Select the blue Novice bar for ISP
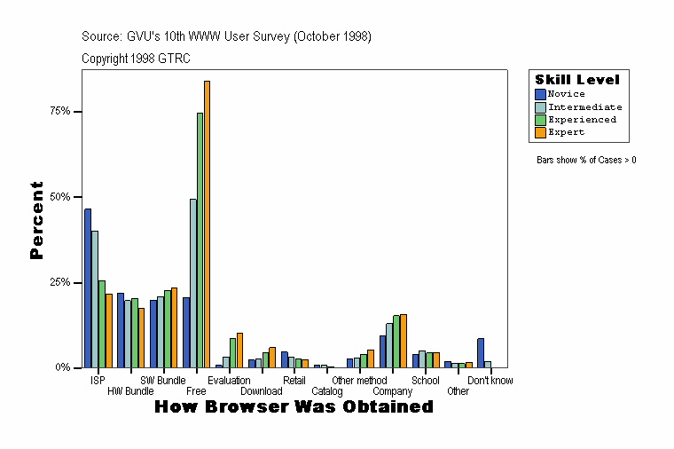click(88, 288)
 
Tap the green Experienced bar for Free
click(200, 240)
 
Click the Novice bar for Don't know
click(481, 352)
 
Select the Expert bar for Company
click(404, 340)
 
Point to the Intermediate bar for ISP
click(95, 298)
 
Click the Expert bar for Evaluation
click(239, 350)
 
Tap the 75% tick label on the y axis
click(60, 112)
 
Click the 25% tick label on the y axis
click(60, 282)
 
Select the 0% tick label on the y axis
click(63, 367)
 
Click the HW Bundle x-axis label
click(130, 391)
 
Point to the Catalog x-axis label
click(327, 391)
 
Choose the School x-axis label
click(426, 381)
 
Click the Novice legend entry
click(566, 94)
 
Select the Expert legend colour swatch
click(539, 132)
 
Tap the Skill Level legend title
click(577, 80)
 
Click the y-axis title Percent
click(36, 220)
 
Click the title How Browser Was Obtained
click(294, 406)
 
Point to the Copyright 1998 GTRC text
click(136, 59)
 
